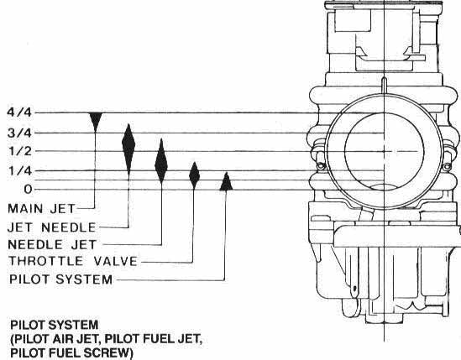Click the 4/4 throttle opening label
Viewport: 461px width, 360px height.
[19, 112]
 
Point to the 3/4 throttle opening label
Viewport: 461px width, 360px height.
[19, 133]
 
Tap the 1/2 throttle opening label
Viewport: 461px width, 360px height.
[19, 151]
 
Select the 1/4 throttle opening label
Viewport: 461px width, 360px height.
[20, 170]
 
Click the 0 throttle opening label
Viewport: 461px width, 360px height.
[28, 190]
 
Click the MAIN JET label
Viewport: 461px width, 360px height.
[41, 209]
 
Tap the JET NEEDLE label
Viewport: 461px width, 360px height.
[52, 227]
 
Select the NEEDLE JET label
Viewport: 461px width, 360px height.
[52, 244]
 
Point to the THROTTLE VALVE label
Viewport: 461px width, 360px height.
[73, 261]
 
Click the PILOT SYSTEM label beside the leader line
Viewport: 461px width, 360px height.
[60, 279]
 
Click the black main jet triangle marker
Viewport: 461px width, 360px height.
[96, 122]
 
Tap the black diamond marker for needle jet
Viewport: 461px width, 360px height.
[161, 161]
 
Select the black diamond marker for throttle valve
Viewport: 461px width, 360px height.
[194, 175]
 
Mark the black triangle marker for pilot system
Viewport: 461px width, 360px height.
[226, 182]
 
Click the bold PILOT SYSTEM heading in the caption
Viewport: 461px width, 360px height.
[55, 325]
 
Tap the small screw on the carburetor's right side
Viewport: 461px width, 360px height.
[447, 167]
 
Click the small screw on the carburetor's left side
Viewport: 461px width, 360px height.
[321, 166]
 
